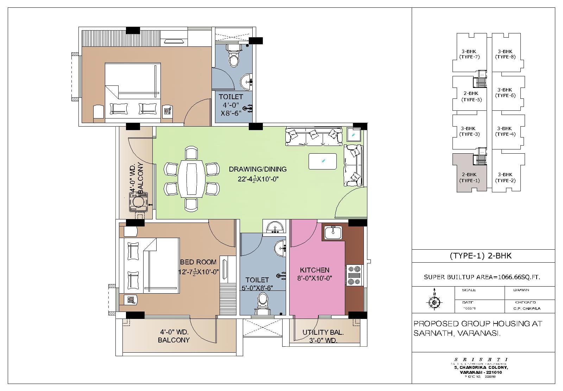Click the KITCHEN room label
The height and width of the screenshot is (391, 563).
pos(315,270)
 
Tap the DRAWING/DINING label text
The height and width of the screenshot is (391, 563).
pos(258,169)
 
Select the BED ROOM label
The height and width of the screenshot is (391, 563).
pos(198,262)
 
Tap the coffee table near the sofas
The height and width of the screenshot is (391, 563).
pos(323,161)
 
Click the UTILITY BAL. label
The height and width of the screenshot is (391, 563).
pos(323,332)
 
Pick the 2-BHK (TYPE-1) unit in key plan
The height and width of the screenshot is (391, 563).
pos(469,177)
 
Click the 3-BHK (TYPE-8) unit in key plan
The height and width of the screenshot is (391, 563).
pos(505,54)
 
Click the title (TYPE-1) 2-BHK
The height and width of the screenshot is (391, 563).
pos(480,256)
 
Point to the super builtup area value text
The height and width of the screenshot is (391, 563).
pos(482,277)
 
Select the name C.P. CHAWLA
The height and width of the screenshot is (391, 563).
pos(527,308)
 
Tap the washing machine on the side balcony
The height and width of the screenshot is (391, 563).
pos(138,202)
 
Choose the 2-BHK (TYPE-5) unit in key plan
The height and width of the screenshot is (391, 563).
pos(471,96)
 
